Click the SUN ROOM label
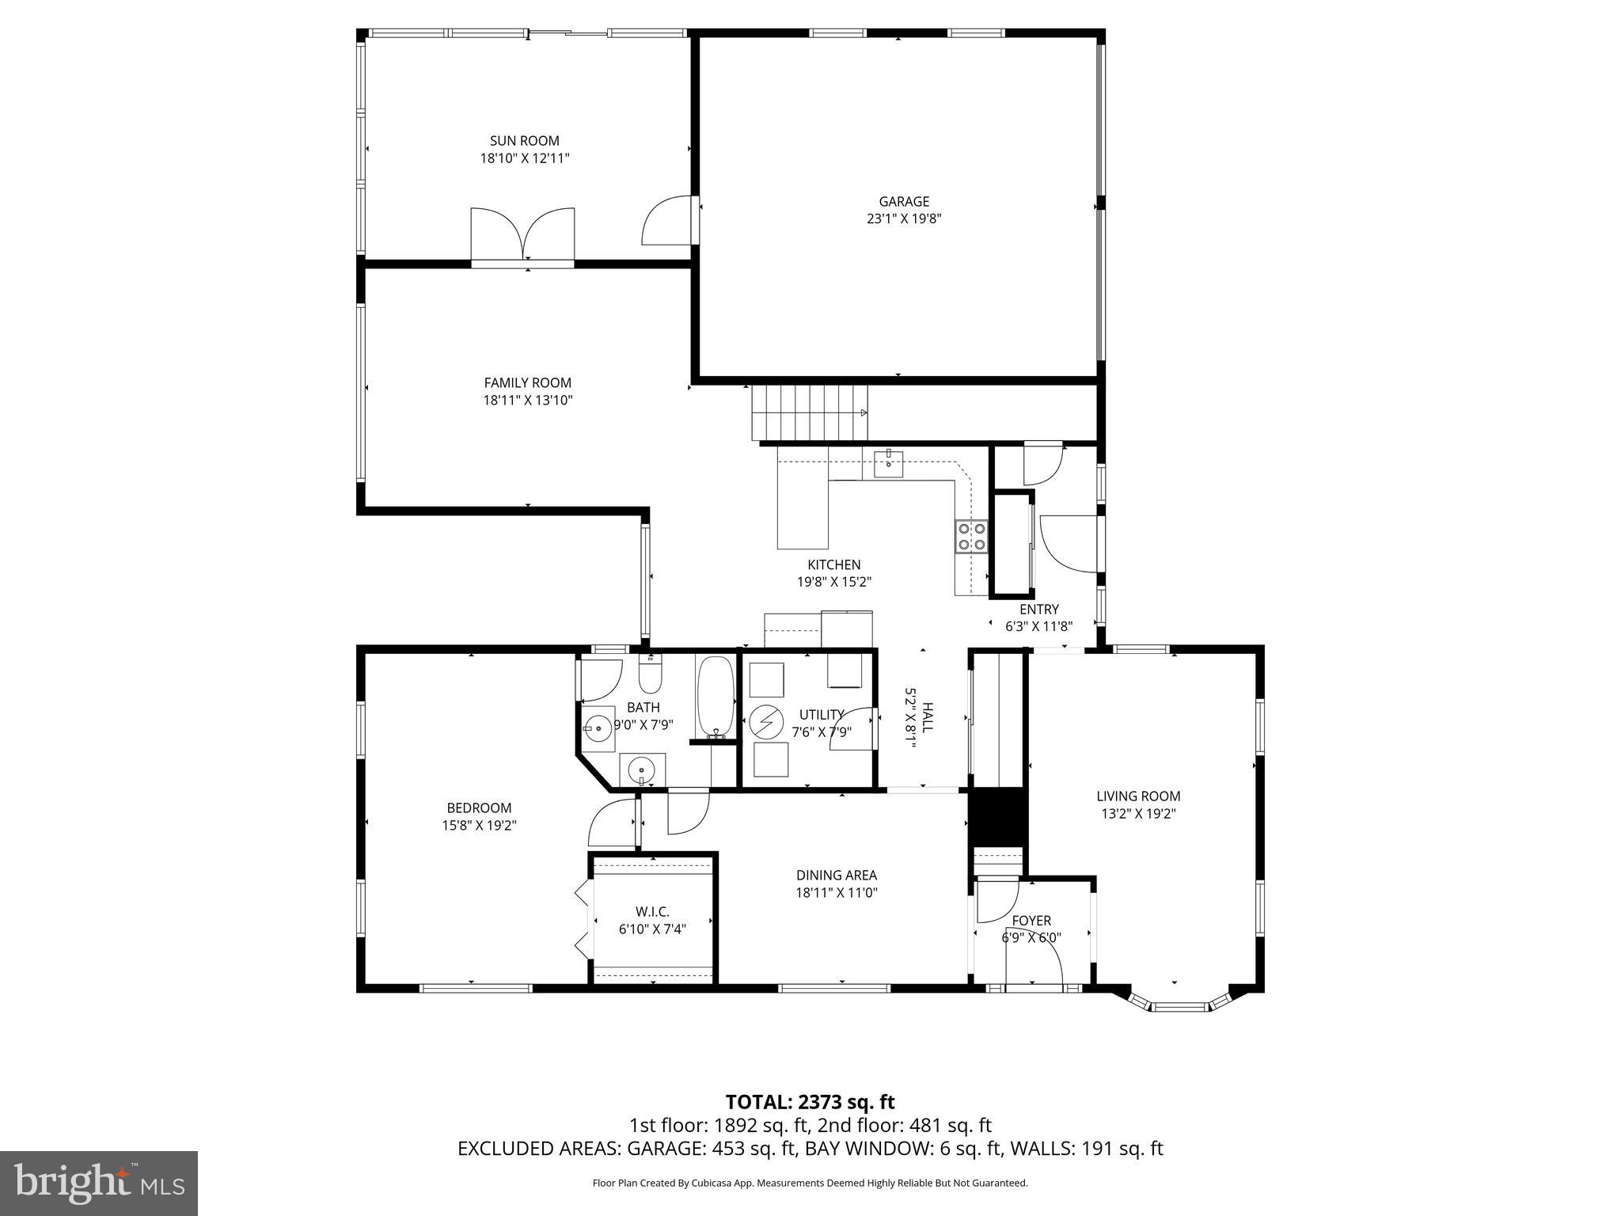pyautogui.click(x=524, y=141)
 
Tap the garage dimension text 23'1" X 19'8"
pyautogui.click(x=903, y=219)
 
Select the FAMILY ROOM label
pyautogui.click(x=527, y=382)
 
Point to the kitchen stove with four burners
pyautogui.click(x=971, y=535)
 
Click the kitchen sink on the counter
pyautogui.click(x=889, y=464)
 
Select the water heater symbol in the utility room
pyautogui.click(x=765, y=722)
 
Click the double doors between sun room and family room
pyautogui.click(x=522, y=235)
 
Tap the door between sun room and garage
pyautogui.click(x=670, y=222)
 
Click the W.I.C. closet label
pyautogui.click(x=652, y=912)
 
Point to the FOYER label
pyautogui.click(x=1031, y=921)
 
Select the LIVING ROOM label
pyautogui.click(x=1137, y=796)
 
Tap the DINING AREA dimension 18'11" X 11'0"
pyautogui.click(x=837, y=893)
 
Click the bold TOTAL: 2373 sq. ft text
pyautogui.click(x=810, y=1102)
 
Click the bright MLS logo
pyautogui.click(x=99, y=1183)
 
